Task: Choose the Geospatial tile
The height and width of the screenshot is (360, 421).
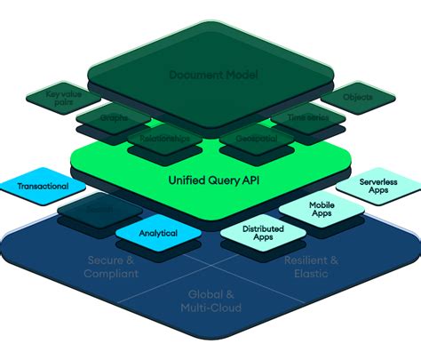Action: point(257,140)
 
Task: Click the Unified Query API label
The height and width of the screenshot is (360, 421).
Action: point(211,180)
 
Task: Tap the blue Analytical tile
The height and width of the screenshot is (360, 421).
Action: point(157,233)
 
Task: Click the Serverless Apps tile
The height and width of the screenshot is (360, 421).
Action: point(377,187)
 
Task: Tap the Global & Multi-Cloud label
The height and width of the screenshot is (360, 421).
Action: point(211,300)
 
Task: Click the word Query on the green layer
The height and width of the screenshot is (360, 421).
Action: point(213,180)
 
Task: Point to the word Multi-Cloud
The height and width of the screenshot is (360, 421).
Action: point(211,308)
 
